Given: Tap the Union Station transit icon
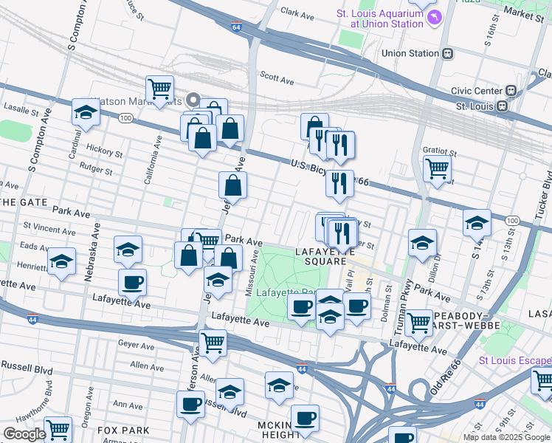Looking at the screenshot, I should [447, 53].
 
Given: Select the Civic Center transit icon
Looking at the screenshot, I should [510, 90].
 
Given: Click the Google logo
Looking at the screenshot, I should [24, 434].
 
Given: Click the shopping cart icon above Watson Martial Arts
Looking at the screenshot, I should [159, 89].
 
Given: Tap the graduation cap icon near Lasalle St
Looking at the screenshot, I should [86, 114].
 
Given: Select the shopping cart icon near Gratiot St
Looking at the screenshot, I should [437, 168].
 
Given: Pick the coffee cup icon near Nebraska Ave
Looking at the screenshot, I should [132, 281].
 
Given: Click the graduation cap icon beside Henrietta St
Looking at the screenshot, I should [61, 261].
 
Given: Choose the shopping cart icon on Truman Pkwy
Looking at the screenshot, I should [418, 321].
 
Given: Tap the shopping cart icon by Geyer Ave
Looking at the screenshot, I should [213, 342].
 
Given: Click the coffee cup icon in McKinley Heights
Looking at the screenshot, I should [305, 418].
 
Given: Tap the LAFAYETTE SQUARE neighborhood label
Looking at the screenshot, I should [321, 256].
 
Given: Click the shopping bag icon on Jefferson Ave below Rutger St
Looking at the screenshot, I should [232, 186].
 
